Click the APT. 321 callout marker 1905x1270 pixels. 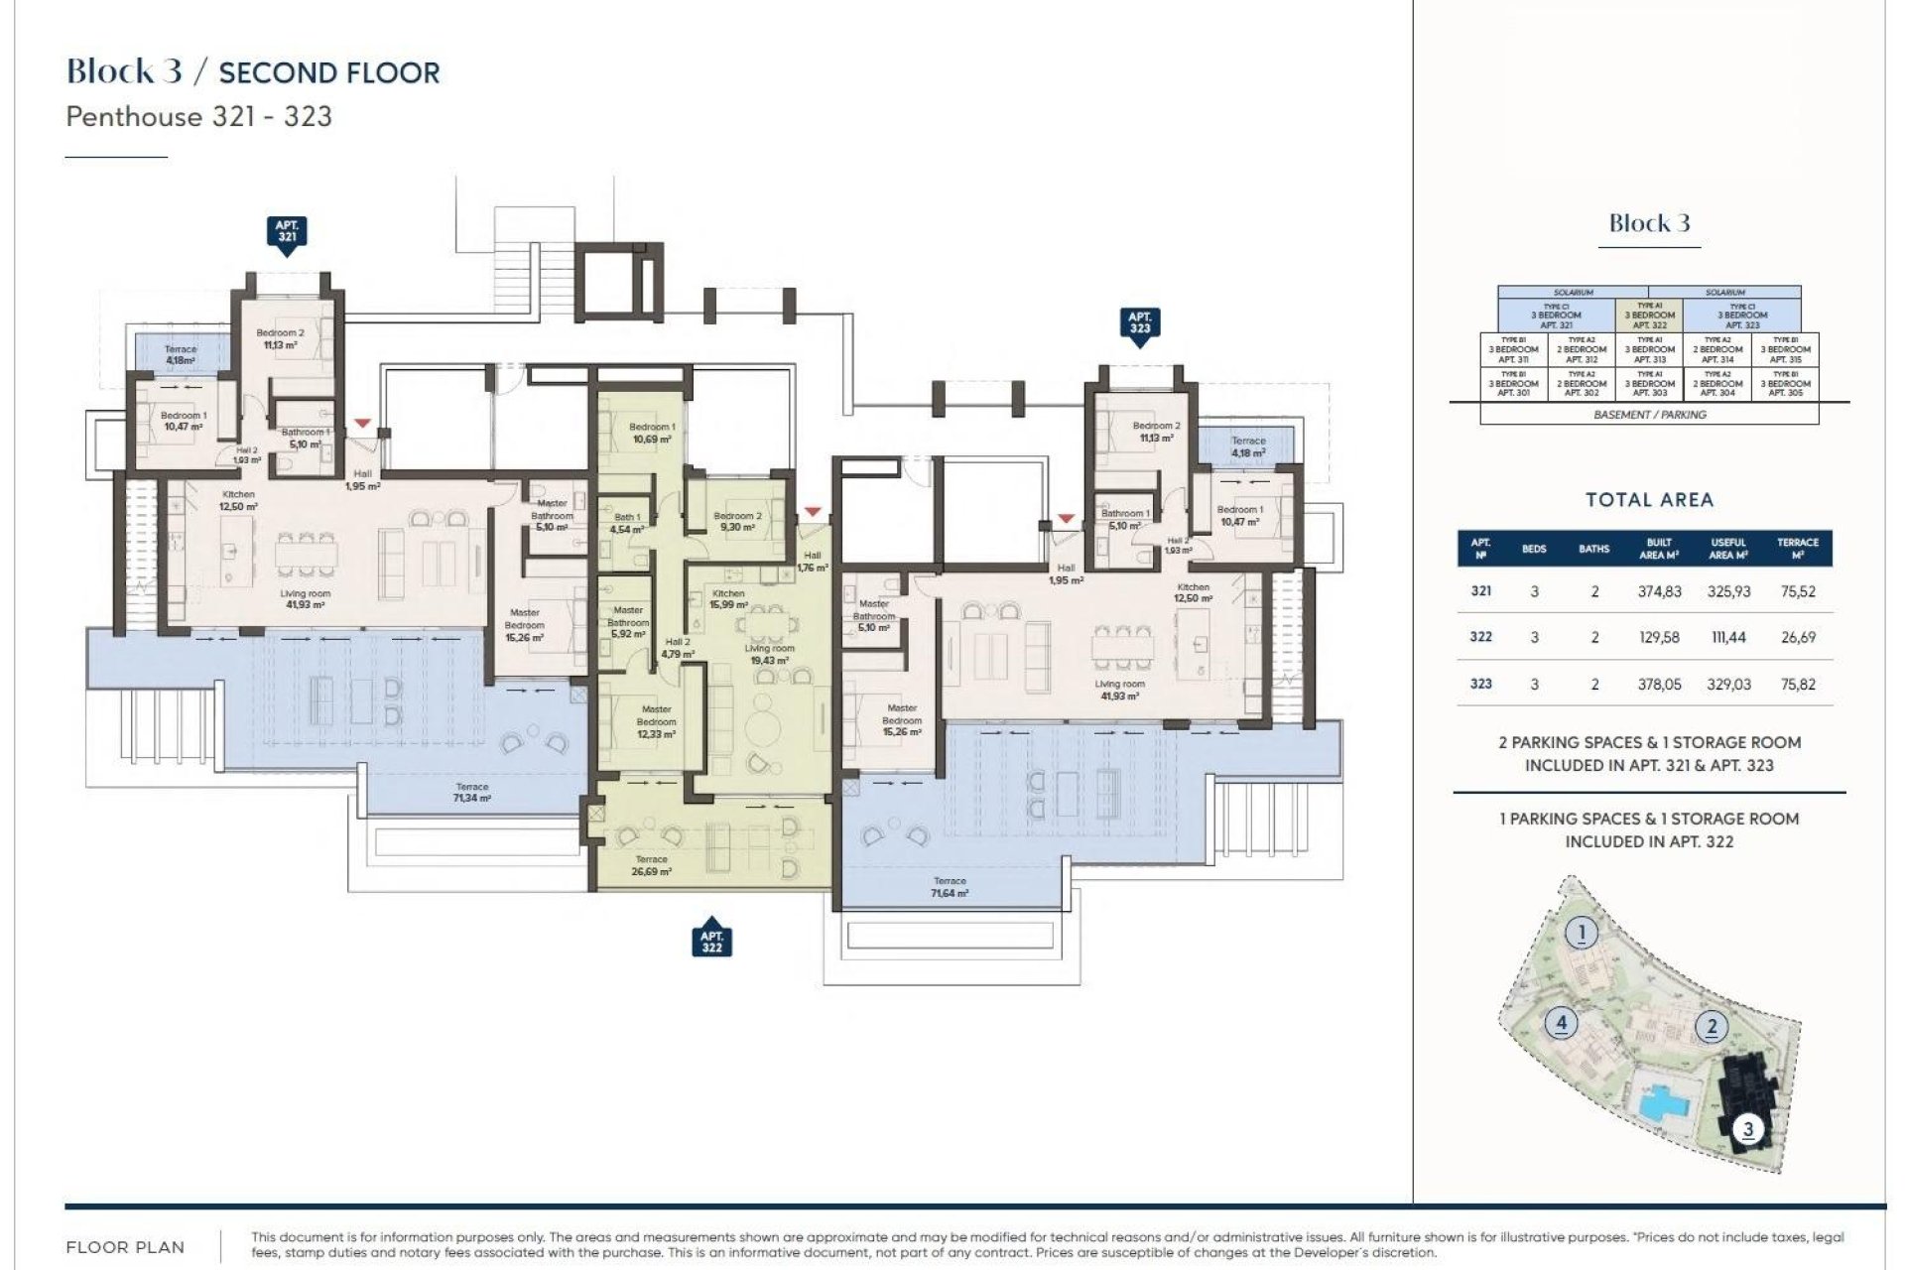point(287,232)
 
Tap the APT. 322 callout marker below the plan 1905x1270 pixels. point(711,942)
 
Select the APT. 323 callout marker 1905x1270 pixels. point(1139,323)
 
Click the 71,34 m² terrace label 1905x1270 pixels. point(471,792)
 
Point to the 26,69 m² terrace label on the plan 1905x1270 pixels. point(651,865)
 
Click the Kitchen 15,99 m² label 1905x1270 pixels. point(728,599)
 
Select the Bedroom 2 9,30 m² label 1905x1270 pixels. point(737,521)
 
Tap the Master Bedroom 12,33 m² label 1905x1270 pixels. point(656,721)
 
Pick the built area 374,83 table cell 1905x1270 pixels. point(1659,591)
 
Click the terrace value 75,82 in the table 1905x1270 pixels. point(1798,684)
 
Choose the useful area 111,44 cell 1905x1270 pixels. point(1728,637)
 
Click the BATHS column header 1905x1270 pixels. point(1593,549)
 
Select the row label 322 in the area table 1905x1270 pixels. point(1480,637)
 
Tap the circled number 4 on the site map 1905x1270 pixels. point(1562,1022)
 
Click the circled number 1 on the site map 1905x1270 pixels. point(1582,933)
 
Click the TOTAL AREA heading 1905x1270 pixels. point(1649,500)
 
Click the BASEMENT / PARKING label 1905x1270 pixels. point(1649,415)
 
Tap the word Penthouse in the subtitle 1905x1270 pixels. point(134,117)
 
